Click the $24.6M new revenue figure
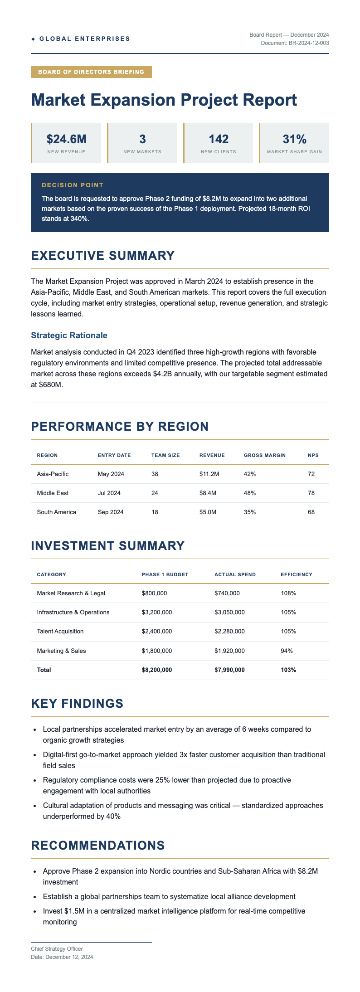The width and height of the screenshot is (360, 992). (x=66, y=139)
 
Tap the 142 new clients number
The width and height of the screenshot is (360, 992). (x=219, y=139)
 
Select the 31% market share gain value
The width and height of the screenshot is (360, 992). (x=295, y=139)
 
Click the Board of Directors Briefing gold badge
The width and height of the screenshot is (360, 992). (x=91, y=72)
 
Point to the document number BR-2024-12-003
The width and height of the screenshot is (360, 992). (x=295, y=43)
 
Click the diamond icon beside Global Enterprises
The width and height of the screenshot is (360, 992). (x=33, y=39)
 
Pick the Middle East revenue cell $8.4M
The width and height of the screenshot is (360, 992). (x=208, y=493)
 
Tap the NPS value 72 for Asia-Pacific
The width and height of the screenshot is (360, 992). (x=311, y=474)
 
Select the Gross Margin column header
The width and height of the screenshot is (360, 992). (x=265, y=455)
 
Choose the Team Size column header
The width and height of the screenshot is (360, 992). (x=165, y=455)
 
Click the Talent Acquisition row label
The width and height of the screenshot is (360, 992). (x=60, y=631)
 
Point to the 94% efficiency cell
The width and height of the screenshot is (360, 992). (x=287, y=651)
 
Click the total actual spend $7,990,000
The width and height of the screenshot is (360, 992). (x=229, y=670)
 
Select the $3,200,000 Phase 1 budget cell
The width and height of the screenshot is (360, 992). (x=157, y=612)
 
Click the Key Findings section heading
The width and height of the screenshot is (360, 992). (x=77, y=704)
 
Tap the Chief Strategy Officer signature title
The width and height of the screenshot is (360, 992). (x=57, y=948)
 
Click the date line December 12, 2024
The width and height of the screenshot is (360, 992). (x=62, y=957)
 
